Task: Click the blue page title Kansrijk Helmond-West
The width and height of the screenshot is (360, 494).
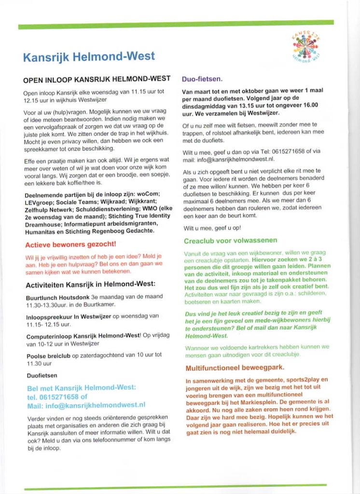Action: (x=89, y=56)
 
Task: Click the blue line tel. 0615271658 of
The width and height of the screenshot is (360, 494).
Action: (x=57, y=397)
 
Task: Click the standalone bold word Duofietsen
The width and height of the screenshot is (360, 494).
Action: (x=42, y=375)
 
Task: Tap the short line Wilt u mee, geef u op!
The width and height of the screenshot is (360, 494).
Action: (x=212, y=227)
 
